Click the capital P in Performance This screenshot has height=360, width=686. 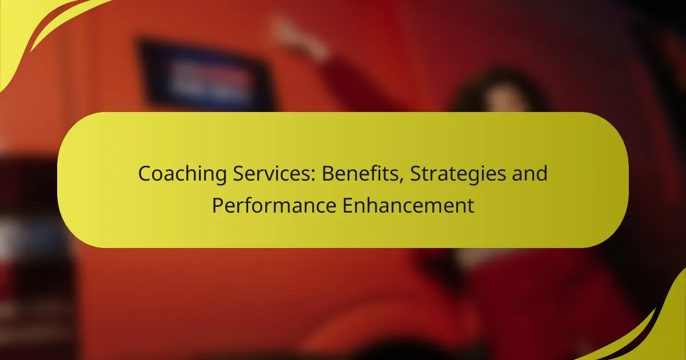coord(217,205)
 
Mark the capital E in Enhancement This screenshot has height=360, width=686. coord(348,205)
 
